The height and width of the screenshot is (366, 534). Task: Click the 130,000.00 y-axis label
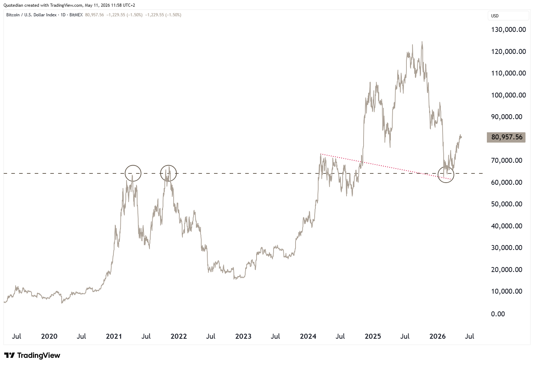[x=508, y=29]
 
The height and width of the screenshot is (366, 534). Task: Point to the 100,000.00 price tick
[x=508, y=95]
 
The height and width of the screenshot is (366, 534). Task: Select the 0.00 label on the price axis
[x=498, y=314]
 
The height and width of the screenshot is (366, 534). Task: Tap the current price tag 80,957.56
[x=506, y=137]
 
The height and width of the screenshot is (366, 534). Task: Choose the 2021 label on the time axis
[x=114, y=337]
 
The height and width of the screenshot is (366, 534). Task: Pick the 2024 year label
[x=308, y=337]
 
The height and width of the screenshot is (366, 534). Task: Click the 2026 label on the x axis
[x=438, y=337]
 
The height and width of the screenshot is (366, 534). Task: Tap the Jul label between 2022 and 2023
[x=211, y=337]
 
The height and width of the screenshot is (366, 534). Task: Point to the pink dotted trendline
[x=386, y=167]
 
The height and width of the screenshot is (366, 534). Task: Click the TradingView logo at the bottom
[x=32, y=355]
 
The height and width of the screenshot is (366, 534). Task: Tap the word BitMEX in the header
[x=76, y=15]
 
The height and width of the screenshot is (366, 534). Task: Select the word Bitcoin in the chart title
[x=13, y=15]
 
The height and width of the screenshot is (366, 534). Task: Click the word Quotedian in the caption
[x=13, y=5]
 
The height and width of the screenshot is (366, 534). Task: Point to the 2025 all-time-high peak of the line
[x=422, y=42]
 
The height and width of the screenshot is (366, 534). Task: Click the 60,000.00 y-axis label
[x=507, y=182]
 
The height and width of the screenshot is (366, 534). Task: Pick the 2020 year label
[x=49, y=337]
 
